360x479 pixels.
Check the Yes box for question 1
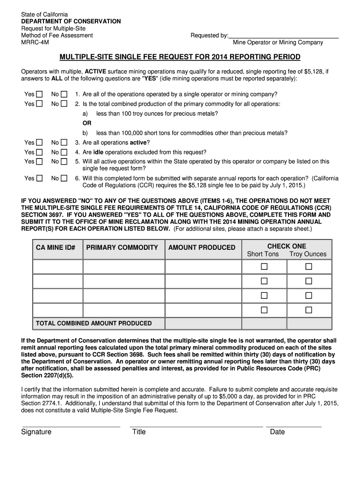click(40, 94)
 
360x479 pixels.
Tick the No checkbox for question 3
click(64, 143)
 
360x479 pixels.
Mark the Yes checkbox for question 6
click(40, 178)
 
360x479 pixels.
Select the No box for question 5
click(64, 161)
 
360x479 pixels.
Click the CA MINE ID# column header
click(56, 247)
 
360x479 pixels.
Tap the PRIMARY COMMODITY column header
click(122, 247)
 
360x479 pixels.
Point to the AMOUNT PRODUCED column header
click(202, 247)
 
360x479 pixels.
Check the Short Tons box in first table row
click(264, 267)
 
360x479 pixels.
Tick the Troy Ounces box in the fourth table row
click(309, 310)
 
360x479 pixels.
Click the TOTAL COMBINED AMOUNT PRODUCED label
click(94, 323)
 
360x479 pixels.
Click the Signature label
click(36, 432)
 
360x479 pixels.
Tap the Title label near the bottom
click(139, 432)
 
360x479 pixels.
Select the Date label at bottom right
click(277, 432)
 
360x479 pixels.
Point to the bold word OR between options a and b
click(87, 123)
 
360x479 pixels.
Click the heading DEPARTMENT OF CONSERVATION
click(71, 22)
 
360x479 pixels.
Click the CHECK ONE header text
click(287, 246)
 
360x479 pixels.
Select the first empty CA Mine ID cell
click(58, 267)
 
